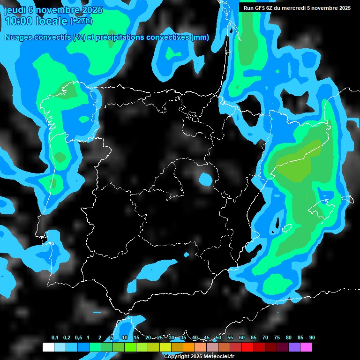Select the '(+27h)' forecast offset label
81,21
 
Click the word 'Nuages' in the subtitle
19,37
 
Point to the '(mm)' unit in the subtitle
200,37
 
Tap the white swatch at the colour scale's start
48,347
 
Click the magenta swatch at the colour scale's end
306,347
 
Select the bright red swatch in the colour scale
247,347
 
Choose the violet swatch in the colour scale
294,347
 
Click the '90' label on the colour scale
312,338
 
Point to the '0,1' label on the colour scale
55,338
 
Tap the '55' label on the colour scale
230,338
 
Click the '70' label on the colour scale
265,338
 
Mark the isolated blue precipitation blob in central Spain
205,179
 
